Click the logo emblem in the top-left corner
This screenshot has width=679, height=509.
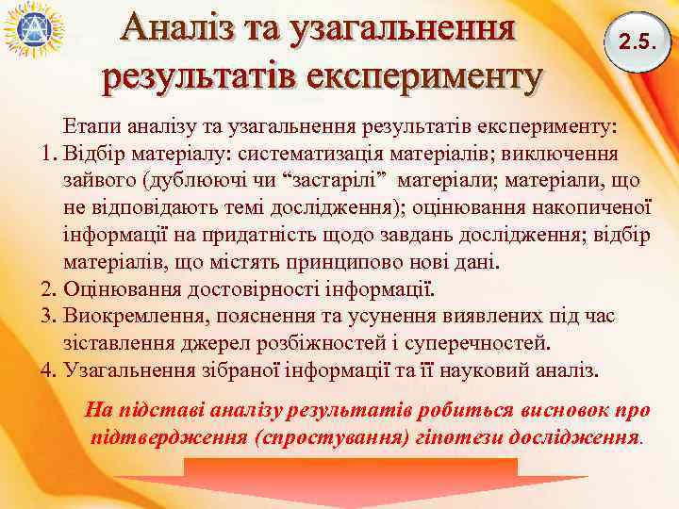click(x=33, y=30)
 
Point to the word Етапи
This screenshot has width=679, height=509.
click(x=91, y=125)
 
